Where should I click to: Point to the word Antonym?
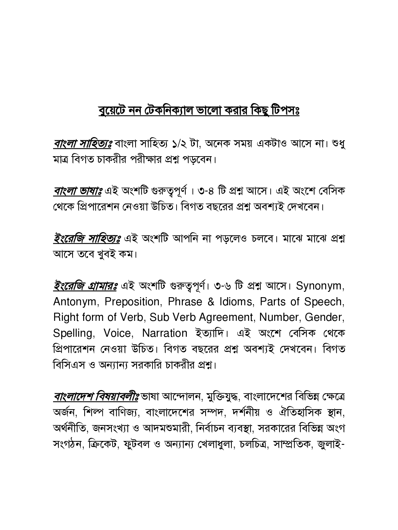coord(75,302)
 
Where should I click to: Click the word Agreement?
coord(226,317)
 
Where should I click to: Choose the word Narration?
coord(164,333)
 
